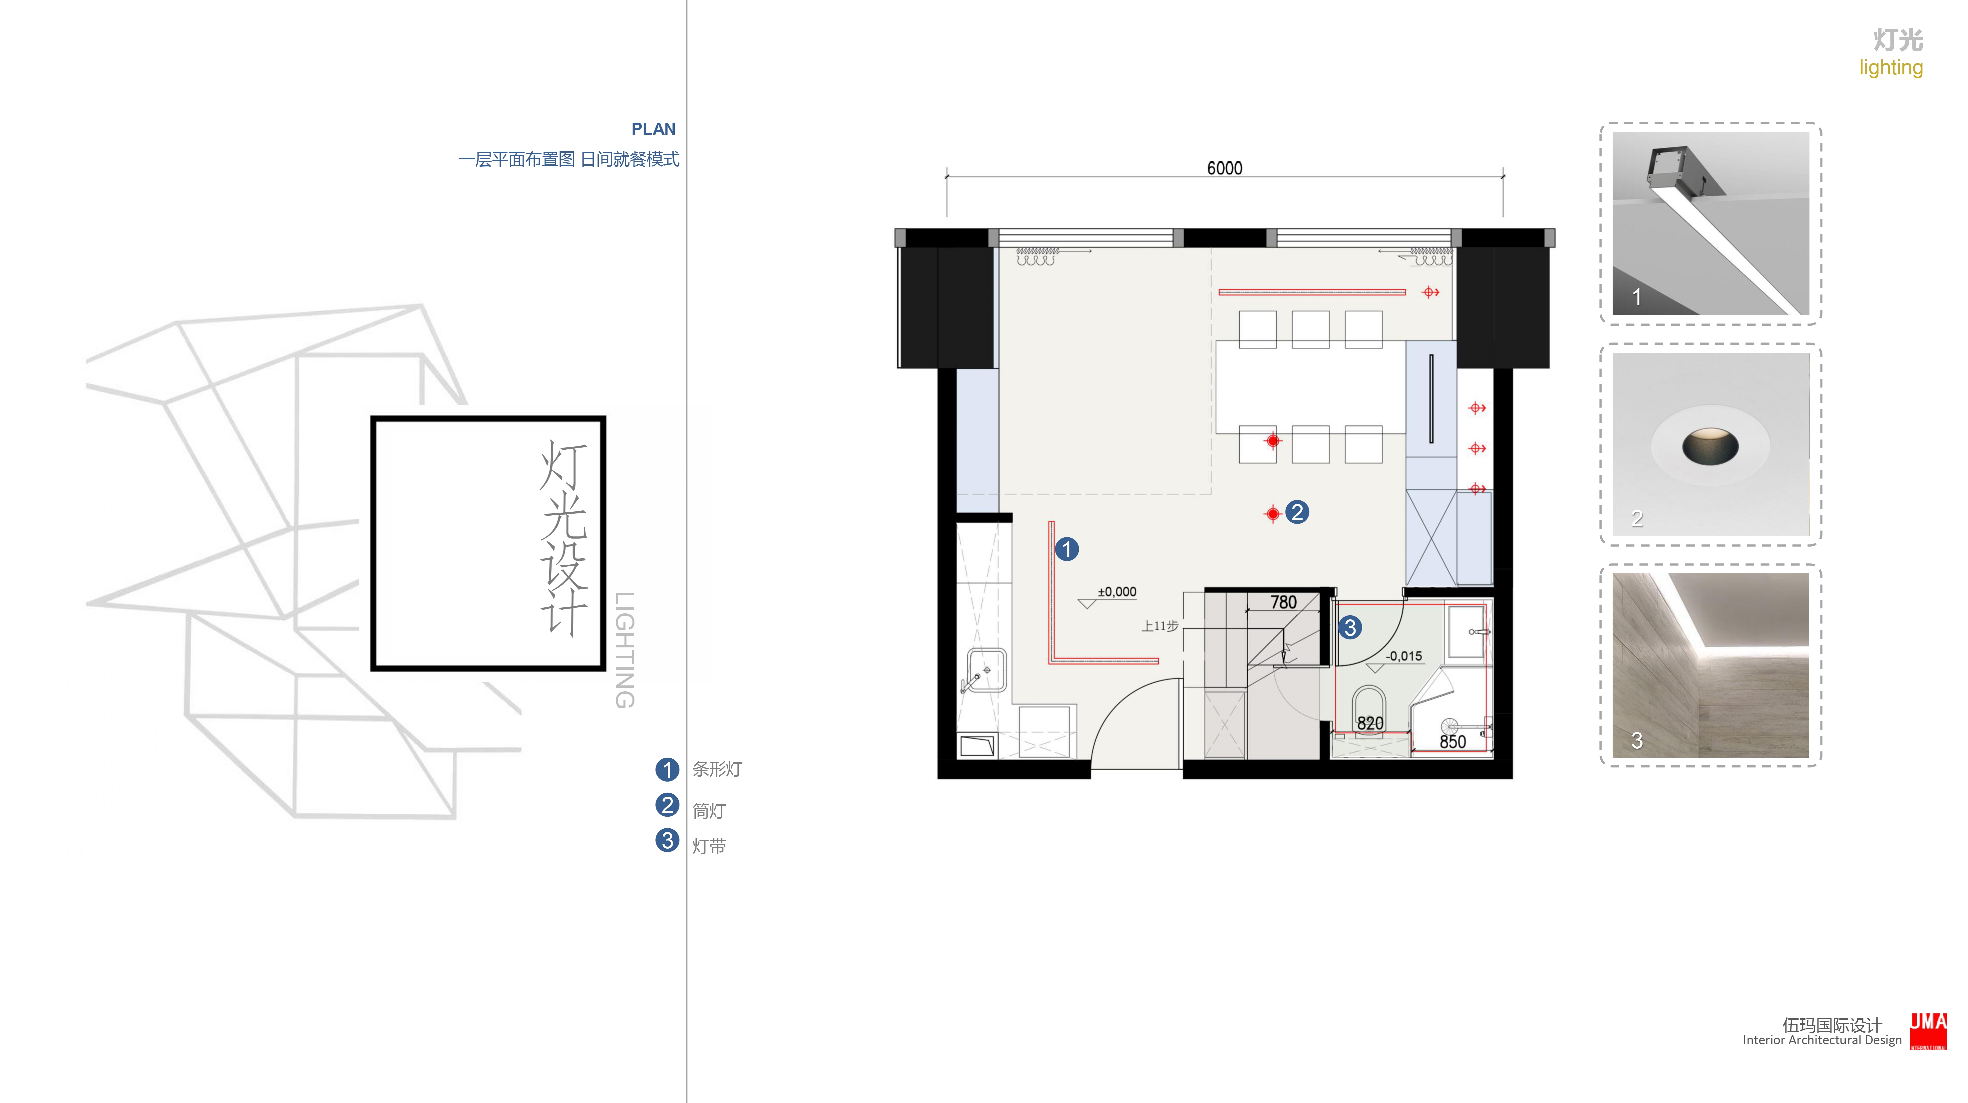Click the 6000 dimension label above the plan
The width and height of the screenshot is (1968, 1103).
pos(1224,168)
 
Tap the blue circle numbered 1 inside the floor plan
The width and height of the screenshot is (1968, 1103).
pos(1066,549)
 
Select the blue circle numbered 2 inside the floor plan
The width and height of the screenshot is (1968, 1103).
pos(1297,512)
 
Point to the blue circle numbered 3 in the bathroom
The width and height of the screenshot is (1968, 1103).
pos(1350,628)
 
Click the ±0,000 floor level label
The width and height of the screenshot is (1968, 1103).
pos(1116,592)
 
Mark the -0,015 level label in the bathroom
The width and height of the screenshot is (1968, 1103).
pos(1404,656)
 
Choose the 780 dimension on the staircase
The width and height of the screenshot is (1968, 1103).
pos(1284,602)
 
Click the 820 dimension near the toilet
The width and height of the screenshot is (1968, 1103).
pos(1370,723)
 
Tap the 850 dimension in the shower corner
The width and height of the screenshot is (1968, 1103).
pos(1452,741)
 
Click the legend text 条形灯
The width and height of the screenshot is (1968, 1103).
pos(717,769)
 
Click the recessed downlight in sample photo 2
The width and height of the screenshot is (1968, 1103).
pos(1710,446)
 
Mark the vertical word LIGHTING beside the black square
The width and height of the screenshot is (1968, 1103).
pos(625,650)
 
